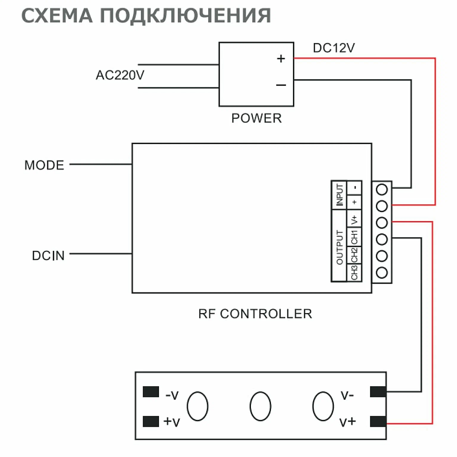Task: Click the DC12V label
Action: tap(334, 48)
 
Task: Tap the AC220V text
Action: tap(120, 75)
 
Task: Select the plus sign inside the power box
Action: tap(281, 58)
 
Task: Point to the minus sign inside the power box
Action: tap(281, 85)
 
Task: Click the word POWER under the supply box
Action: tap(256, 118)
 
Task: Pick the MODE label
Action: tap(44, 165)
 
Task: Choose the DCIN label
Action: tap(48, 255)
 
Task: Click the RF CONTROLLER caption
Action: tap(255, 314)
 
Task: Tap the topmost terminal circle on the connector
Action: tap(382, 190)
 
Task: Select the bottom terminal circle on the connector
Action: tap(382, 273)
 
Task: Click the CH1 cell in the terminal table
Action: tap(355, 237)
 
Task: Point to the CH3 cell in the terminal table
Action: tap(355, 273)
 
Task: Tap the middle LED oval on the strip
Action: tap(260, 406)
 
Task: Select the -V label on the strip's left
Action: tap(172, 395)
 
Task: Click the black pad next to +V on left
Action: tap(151, 421)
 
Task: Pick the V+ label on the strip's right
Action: tap(347, 422)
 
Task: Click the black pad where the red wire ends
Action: tap(378, 422)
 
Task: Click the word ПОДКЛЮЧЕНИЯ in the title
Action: tap(186, 16)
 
